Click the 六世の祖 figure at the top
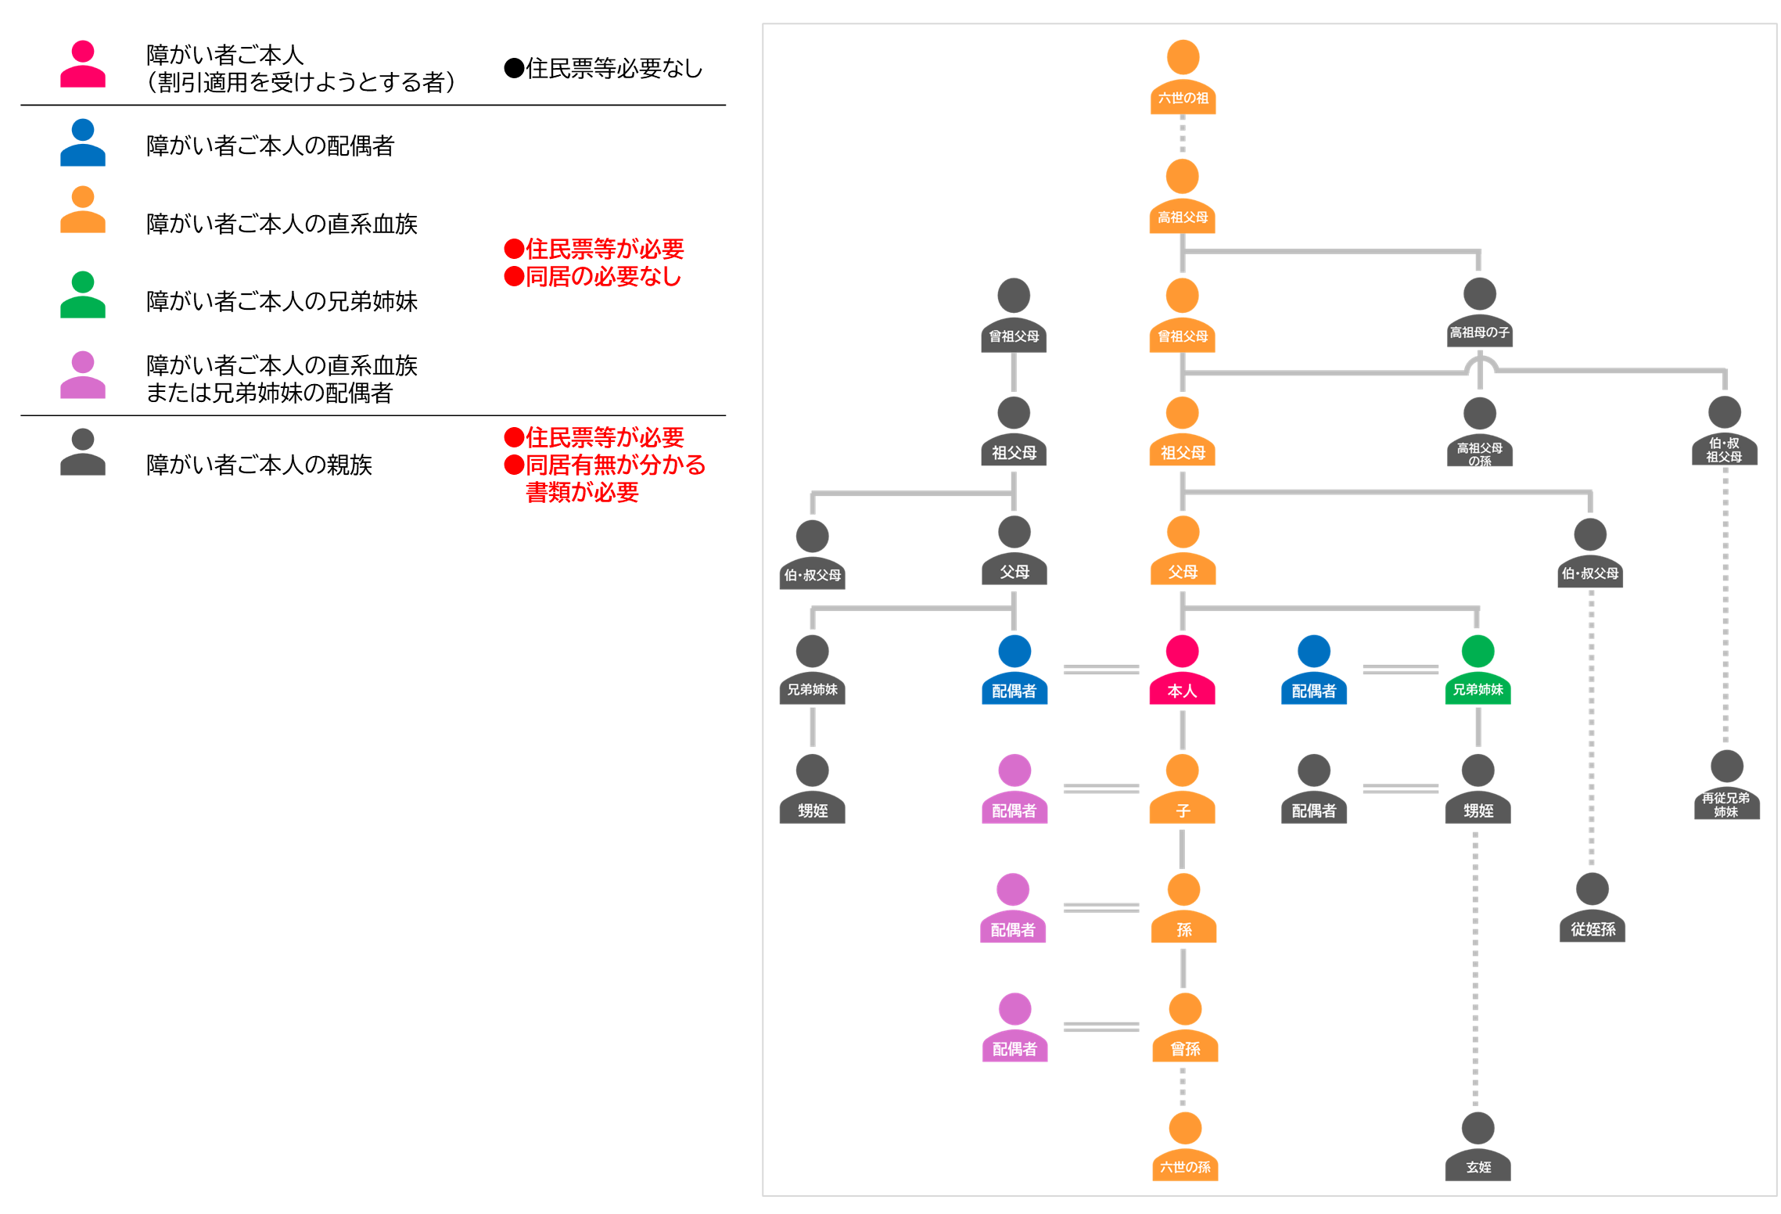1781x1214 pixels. pos(1183,77)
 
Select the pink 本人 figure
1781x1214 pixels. pos(1182,670)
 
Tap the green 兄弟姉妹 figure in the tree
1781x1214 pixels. pos(1478,670)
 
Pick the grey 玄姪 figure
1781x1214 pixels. pos(1478,1147)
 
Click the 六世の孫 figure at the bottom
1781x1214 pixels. pos(1185,1147)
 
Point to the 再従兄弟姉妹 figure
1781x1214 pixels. pos(1726,785)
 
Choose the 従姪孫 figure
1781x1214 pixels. pos(1592,908)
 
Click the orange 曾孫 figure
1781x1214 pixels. pos(1185,1028)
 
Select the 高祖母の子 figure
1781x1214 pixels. pos(1479,313)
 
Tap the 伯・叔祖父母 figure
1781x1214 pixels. pos(1724,432)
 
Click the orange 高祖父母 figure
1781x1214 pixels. pos(1183,196)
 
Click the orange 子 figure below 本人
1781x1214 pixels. pos(1182,789)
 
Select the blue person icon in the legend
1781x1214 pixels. pos(83,143)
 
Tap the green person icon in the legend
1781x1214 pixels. pos(83,295)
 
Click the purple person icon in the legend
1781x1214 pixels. pos(83,375)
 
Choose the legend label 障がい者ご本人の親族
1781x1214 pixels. pos(259,465)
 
